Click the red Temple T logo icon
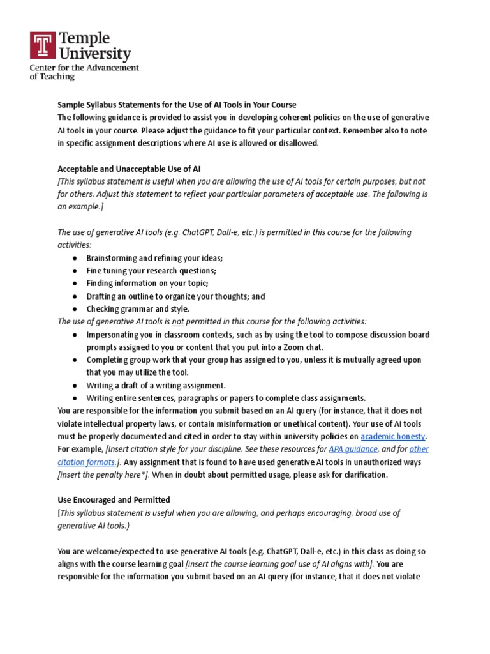click(x=43, y=47)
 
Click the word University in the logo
click(x=95, y=54)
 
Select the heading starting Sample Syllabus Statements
click(x=177, y=105)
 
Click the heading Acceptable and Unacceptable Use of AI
click(x=130, y=169)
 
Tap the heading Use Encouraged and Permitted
click(x=114, y=499)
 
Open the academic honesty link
click(x=393, y=436)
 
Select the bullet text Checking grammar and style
click(x=138, y=309)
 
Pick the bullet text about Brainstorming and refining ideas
click(x=154, y=258)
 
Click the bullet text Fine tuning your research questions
click(x=151, y=271)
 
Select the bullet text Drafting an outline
click(x=175, y=296)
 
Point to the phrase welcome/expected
click(x=112, y=551)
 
